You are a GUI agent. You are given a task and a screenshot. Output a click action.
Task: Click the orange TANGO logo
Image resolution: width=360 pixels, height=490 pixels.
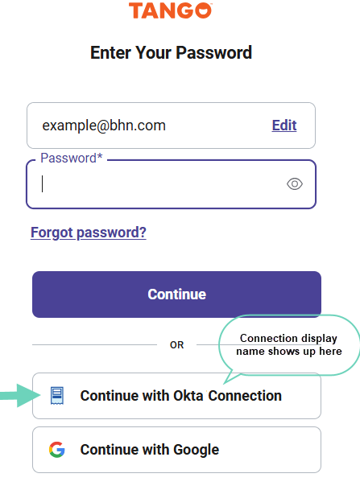(171, 10)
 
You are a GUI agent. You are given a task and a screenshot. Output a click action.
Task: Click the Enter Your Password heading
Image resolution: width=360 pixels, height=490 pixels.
(171, 52)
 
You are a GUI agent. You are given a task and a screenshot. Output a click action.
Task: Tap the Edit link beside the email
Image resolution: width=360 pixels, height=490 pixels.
(284, 126)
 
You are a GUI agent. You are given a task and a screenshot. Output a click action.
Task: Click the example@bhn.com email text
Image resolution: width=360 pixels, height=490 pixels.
(104, 126)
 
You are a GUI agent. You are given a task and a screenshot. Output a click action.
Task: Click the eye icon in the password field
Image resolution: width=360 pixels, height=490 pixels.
(295, 183)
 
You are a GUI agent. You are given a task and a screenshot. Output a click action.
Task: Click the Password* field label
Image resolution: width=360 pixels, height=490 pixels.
(72, 158)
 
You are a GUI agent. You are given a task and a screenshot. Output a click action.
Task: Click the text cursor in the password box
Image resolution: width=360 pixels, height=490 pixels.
(42, 183)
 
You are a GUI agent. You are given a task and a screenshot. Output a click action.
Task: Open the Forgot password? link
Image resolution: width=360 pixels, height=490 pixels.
(89, 233)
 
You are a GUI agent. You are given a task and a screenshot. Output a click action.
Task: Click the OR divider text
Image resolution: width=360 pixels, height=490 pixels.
(176, 345)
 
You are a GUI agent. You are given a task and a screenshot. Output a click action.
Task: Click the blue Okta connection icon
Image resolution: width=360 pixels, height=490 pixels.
(57, 396)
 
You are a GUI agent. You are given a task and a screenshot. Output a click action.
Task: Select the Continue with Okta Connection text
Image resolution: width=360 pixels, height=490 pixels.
(180, 396)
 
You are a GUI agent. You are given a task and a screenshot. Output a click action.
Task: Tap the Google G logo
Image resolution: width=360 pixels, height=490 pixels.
(57, 450)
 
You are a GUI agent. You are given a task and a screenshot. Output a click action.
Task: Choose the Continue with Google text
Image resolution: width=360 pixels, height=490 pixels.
(150, 450)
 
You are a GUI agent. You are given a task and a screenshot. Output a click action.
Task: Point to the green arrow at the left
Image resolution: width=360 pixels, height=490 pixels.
(20, 396)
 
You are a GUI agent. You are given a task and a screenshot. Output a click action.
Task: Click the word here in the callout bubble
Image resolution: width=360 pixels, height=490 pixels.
(330, 352)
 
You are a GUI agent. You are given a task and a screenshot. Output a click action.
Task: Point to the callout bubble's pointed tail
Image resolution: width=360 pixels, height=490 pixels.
(225, 383)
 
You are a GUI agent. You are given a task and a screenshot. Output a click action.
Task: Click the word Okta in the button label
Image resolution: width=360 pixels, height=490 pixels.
(188, 396)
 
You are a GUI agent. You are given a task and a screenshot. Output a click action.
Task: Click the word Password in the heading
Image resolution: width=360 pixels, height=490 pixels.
(214, 52)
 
